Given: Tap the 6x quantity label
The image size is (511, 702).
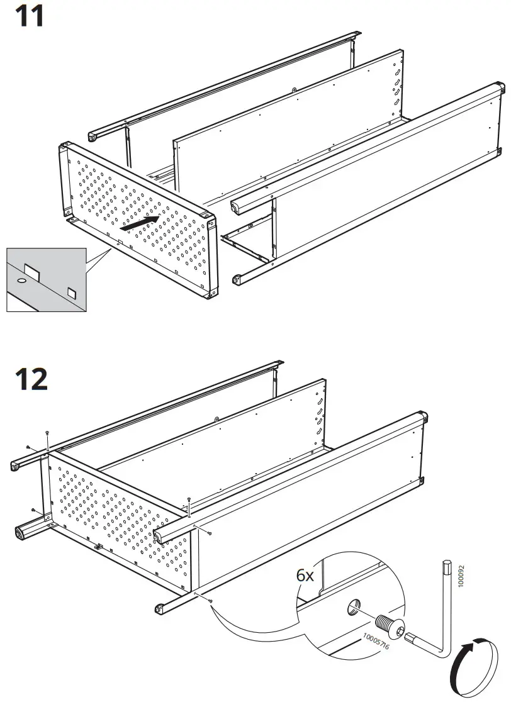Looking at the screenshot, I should [x=306, y=575].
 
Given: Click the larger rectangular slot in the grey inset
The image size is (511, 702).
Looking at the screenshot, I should [x=32, y=272].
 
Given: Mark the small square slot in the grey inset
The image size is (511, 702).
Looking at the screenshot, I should [x=71, y=292].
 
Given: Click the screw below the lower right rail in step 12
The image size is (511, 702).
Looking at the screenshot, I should [x=209, y=601].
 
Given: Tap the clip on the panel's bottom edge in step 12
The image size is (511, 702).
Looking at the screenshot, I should [x=98, y=547].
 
